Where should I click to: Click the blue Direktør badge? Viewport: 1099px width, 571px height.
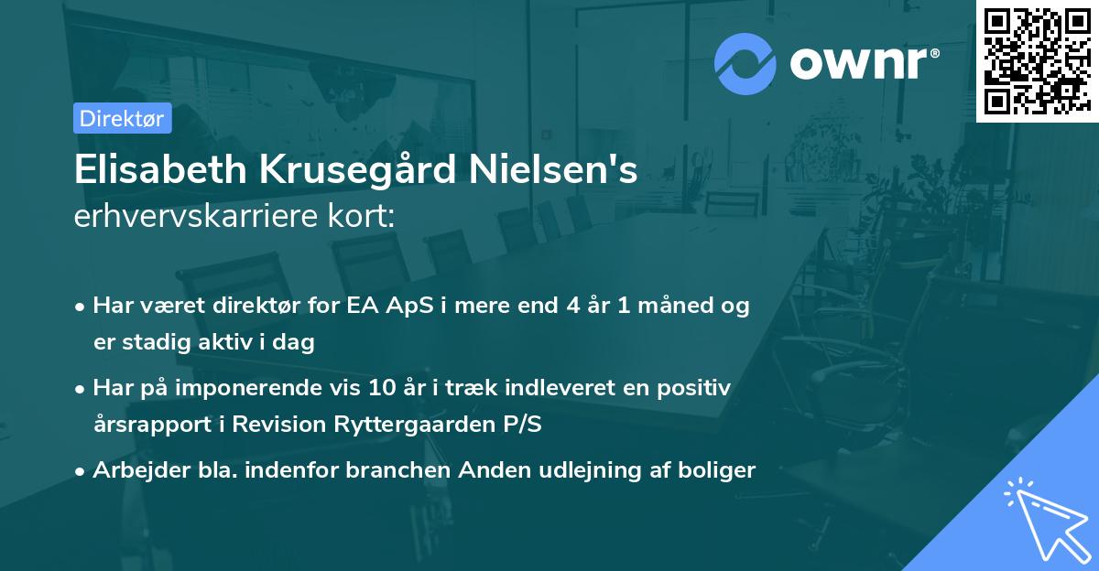click(x=122, y=118)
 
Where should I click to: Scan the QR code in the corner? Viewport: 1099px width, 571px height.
click(x=1037, y=60)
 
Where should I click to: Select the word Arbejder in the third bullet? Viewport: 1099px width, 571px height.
click(x=134, y=470)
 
